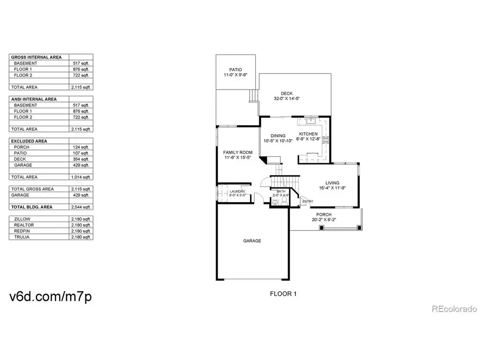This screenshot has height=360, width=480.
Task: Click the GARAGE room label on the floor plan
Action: (x=252, y=241)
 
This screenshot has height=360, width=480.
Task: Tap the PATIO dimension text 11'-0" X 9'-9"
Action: (x=235, y=75)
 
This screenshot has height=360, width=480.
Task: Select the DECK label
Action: (x=286, y=93)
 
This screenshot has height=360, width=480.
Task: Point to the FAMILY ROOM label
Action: (x=238, y=152)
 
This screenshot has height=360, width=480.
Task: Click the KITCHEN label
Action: (x=308, y=134)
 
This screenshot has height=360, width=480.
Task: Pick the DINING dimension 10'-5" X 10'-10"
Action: (x=278, y=141)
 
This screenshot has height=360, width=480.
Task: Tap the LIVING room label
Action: (x=332, y=183)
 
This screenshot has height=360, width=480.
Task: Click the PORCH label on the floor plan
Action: (x=324, y=215)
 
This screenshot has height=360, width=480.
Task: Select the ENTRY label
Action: (x=307, y=202)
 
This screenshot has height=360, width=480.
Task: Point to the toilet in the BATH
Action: (x=284, y=201)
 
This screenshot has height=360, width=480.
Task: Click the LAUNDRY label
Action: (x=237, y=191)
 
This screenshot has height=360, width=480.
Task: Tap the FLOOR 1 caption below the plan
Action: (x=283, y=294)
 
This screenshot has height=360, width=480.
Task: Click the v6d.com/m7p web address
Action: (x=51, y=296)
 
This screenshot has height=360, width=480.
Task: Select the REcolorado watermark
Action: (x=454, y=309)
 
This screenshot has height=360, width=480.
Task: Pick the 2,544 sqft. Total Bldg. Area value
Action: (x=81, y=207)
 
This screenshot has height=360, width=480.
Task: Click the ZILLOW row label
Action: (x=22, y=219)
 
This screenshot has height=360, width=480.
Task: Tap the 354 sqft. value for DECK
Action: (x=81, y=159)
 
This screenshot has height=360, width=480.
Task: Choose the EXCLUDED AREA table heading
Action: (x=29, y=141)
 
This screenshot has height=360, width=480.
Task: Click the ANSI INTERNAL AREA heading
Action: (x=34, y=99)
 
